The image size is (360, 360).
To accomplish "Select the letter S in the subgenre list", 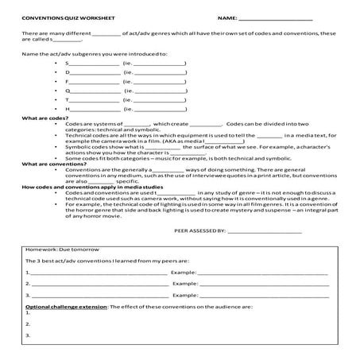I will pyautogui.click(x=67, y=62).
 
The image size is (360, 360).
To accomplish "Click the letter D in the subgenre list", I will pyautogui.click(x=67, y=72).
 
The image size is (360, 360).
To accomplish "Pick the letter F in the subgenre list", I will pyautogui.click(x=67, y=81).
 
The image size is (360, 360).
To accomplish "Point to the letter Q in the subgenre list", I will pyautogui.click(x=67, y=91).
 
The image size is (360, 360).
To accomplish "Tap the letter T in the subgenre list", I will pyautogui.click(x=67, y=100).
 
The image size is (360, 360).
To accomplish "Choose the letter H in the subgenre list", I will pyautogui.click(x=67, y=110).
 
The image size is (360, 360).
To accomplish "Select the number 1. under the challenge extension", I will pyautogui.click(x=28, y=314).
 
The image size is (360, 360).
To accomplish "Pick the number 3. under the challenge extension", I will pyautogui.click(x=28, y=335).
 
